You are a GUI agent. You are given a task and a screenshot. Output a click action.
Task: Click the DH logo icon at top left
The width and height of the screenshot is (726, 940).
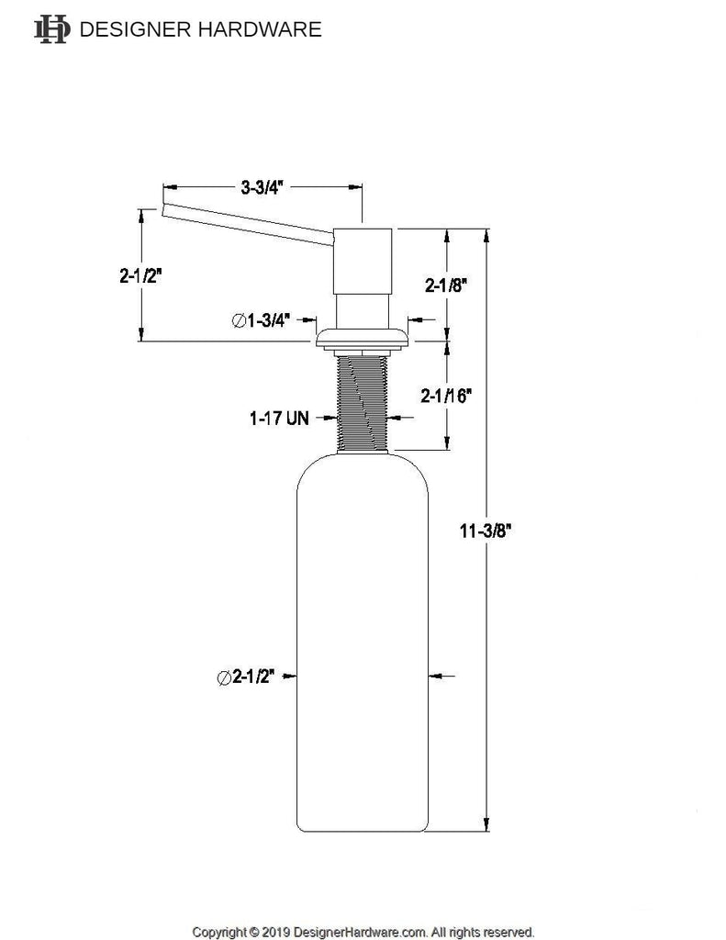pos(51,30)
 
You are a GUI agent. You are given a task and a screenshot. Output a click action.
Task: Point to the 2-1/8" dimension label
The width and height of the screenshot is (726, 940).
pos(447,285)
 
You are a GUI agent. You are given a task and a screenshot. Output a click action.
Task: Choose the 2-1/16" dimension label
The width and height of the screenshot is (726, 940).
pos(447,397)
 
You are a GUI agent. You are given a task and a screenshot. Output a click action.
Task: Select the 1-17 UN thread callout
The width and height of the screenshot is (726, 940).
pos(278,418)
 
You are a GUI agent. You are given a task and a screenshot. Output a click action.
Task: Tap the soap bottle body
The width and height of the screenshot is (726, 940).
pos(363,643)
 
